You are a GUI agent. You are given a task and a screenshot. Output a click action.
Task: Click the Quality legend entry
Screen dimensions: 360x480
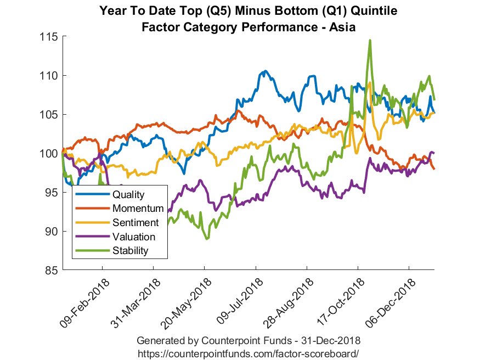click(128, 194)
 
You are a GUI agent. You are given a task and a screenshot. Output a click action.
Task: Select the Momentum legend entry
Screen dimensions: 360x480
click(138, 209)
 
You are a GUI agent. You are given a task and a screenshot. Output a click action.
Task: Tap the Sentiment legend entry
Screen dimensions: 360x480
click(135, 223)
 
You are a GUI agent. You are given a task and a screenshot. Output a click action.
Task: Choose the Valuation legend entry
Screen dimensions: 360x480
click(133, 237)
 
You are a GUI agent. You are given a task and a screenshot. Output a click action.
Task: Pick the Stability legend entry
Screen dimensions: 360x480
click(131, 251)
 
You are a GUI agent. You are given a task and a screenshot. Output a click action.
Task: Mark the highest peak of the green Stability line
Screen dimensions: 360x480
click(370, 40)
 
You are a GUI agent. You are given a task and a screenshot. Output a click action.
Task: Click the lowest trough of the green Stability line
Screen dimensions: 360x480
click(207, 239)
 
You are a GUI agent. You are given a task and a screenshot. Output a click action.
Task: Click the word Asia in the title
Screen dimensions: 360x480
click(343, 27)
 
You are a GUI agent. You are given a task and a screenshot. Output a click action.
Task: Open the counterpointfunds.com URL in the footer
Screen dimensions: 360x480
click(248, 352)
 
